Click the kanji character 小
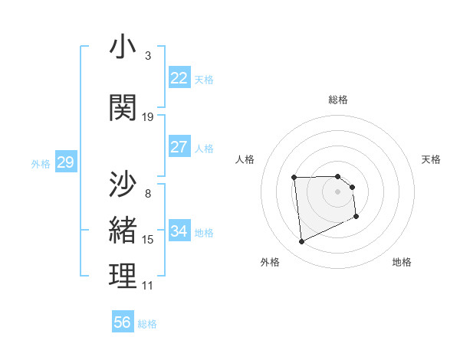(123, 47)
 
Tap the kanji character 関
(123, 108)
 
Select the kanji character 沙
(123, 185)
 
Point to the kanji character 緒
(123, 231)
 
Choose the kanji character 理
(123, 277)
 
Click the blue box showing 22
(179, 78)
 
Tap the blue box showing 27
(179, 147)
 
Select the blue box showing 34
(179, 231)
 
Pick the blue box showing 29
(65, 162)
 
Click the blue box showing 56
(123, 322)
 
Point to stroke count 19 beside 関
(148, 117)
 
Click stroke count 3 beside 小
(148, 56)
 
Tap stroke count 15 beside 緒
(148, 240)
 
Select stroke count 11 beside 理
(148, 286)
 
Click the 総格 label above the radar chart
(338, 100)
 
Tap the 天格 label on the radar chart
(431, 159)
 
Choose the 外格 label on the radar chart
(270, 262)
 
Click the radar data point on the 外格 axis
(301, 242)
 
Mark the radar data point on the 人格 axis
(294, 178)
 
